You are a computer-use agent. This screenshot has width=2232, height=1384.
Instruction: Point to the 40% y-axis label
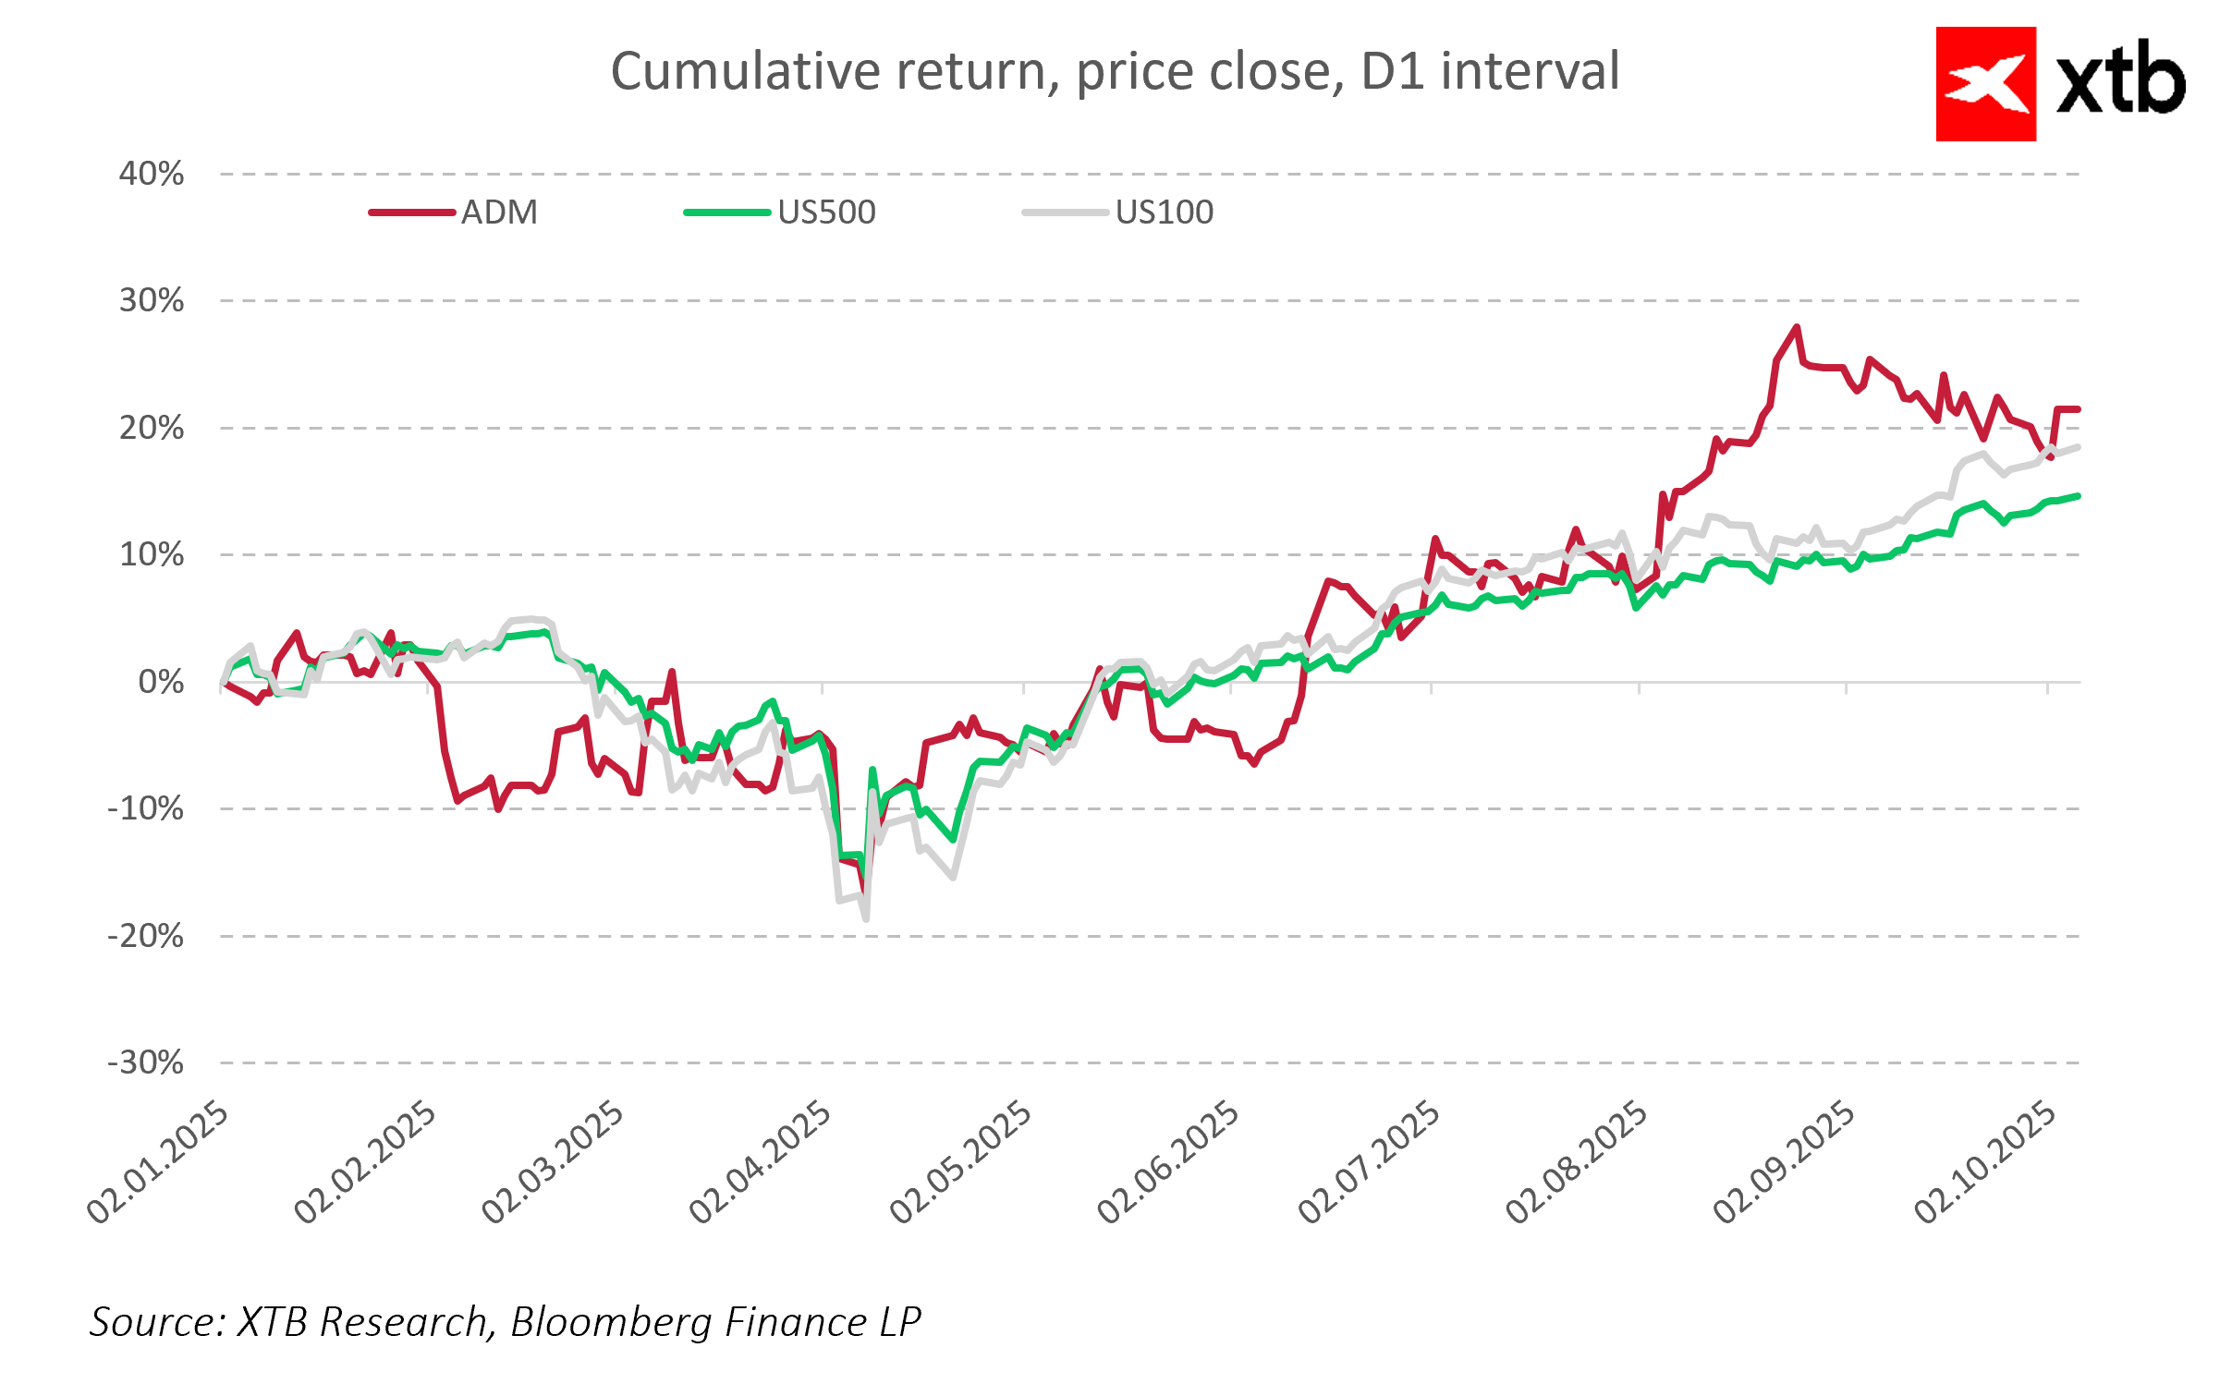[152, 174]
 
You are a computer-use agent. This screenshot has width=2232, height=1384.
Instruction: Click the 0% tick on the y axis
[161, 682]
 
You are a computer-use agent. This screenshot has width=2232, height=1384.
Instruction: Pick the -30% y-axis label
[146, 1062]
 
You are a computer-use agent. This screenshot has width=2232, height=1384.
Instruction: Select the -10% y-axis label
[146, 808]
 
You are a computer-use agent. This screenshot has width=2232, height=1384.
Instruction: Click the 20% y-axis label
[152, 428]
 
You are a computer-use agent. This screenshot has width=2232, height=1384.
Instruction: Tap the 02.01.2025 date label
[157, 1162]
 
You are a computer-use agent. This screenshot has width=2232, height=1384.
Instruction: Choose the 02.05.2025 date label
[960, 1162]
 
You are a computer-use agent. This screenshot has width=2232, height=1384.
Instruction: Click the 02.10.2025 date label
[1984, 1162]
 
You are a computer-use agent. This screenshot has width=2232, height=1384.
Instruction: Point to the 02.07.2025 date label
[1369, 1162]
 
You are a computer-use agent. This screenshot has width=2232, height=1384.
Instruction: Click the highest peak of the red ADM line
[1797, 327]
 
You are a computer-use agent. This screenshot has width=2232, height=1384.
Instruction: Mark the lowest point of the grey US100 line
[866, 918]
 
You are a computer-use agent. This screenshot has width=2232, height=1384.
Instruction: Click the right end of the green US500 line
[2078, 496]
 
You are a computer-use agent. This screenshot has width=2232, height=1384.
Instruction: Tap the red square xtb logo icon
[1985, 84]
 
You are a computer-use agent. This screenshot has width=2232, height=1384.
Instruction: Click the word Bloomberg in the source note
[611, 1322]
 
